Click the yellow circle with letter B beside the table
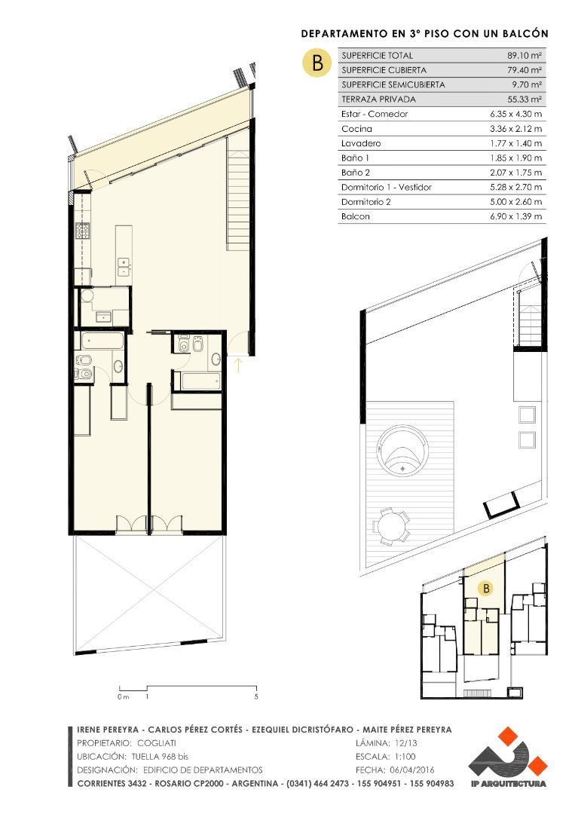click(x=317, y=63)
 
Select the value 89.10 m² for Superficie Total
click(x=525, y=56)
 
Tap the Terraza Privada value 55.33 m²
click(x=525, y=99)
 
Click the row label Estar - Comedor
click(x=375, y=114)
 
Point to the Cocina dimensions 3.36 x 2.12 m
click(x=515, y=129)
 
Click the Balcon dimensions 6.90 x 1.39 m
click(x=515, y=216)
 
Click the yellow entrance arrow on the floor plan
click(x=238, y=365)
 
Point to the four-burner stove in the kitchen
click(x=82, y=231)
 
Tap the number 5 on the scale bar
click(x=256, y=696)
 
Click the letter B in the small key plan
click(x=486, y=588)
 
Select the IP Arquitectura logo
click(x=507, y=757)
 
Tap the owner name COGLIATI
click(x=156, y=743)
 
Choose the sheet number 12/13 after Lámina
click(x=402, y=743)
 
